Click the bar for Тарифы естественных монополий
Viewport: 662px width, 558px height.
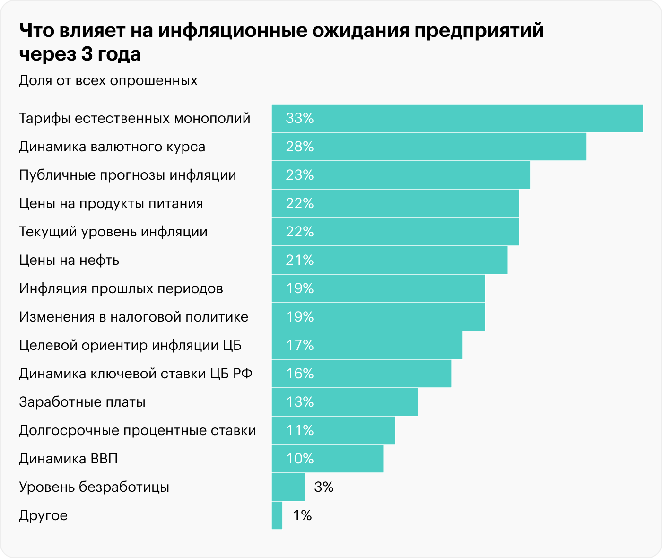pyautogui.click(x=457, y=118)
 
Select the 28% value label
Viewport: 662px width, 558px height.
pyautogui.click(x=299, y=147)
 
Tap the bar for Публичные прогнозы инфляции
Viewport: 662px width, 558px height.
pyautogui.click(x=401, y=175)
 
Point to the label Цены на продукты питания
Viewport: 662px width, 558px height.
pyautogui.click(x=111, y=203)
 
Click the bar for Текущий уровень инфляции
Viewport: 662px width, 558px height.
pyautogui.click(x=395, y=232)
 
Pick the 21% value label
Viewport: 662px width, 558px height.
pyautogui.click(x=299, y=260)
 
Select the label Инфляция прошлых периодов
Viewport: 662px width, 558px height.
pyautogui.click(x=121, y=288)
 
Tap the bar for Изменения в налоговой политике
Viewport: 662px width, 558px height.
pyautogui.click(x=378, y=317)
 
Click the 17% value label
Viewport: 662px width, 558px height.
pyautogui.click(x=299, y=345)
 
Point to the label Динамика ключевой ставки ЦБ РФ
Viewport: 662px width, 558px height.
pyautogui.click(x=136, y=374)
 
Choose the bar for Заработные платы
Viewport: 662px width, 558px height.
pyautogui.click(x=344, y=402)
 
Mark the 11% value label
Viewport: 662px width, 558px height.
pyautogui.click(x=299, y=430)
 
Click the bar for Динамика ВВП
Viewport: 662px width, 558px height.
pyautogui.click(x=327, y=459)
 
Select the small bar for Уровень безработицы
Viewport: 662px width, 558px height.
pyautogui.click(x=288, y=487)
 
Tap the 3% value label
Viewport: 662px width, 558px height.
pyautogui.click(x=324, y=487)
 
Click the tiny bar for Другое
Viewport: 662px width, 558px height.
pyautogui.click(x=277, y=515)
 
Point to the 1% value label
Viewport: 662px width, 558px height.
pyautogui.click(x=302, y=515)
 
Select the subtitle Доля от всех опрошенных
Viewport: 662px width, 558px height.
pyautogui.click(x=108, y=80)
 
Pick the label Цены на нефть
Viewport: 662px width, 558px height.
pyautogui.click(x=69, y=260)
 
